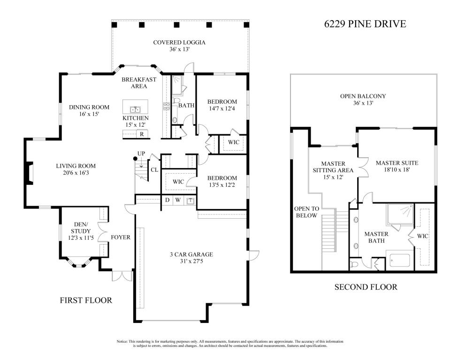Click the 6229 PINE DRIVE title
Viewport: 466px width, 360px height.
(365, 24)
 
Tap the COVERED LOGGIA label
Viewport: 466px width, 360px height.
(179, 43)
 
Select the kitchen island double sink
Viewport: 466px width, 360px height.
(135, 110)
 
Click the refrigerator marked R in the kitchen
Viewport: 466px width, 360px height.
(142, 134)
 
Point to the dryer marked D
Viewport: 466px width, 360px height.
(168, 200)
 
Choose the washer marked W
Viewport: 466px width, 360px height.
(178, 200)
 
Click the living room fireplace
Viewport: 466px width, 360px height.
(29, 173)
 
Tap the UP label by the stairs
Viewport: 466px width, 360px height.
(141, 153)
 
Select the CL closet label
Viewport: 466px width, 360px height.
(154, 170)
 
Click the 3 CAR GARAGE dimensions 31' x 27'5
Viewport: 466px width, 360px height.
(191, 261)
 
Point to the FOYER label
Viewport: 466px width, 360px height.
(120, 237)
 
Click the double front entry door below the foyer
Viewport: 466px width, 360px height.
(122, 276)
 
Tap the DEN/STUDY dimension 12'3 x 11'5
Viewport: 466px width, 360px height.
(81, 238)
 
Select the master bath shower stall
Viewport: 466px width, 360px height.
(400, 214)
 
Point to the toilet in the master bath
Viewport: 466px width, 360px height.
(355, 264)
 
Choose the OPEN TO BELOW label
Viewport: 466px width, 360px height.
(306, 212)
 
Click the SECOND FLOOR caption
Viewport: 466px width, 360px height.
(366, 287)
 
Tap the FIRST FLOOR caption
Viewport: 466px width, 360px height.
(86, 300)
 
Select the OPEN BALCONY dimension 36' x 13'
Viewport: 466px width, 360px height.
(363, 103)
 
